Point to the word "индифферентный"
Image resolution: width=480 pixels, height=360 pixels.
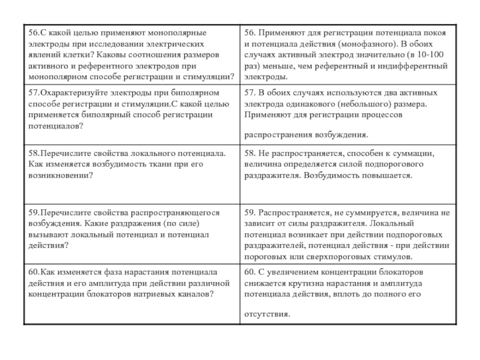[407, 66]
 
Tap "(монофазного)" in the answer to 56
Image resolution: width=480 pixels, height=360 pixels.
[365, 44]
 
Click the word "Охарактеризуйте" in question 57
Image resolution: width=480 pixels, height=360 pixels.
[69, 93]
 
